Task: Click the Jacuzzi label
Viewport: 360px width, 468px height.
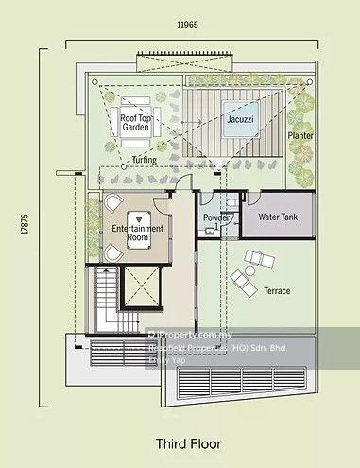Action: pos(237,121)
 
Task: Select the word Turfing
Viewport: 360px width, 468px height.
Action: pos(145,160)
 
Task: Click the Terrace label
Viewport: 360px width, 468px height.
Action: pos(277,291)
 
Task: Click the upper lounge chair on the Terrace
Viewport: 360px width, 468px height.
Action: pos(256,257)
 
